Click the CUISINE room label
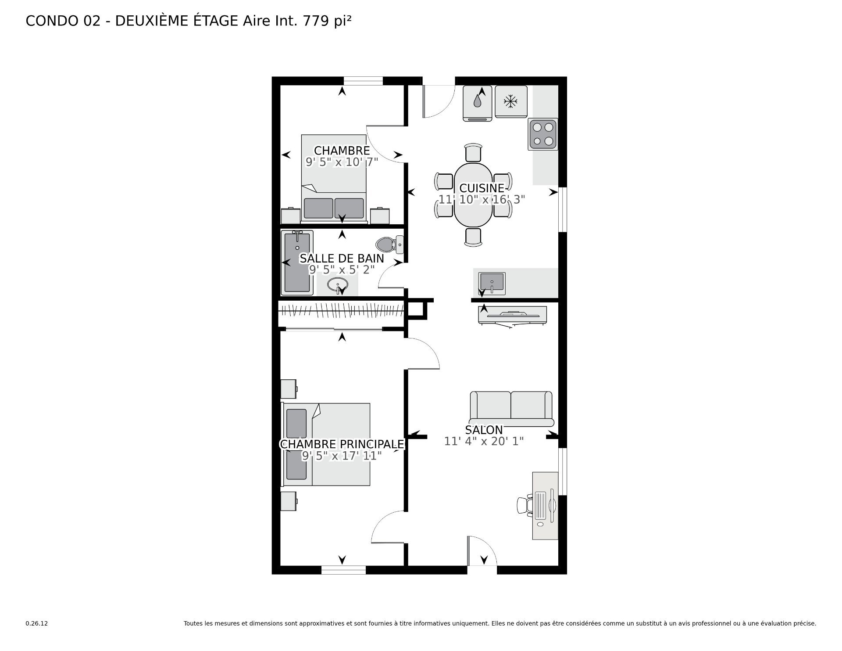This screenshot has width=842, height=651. point(482,188)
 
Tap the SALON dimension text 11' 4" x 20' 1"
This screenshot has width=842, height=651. point(484,441)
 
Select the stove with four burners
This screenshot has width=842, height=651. point(543,134)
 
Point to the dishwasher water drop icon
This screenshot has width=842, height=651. point(477,101)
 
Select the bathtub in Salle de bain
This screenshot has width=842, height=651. point(297,263)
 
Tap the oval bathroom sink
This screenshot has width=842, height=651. point(337,285)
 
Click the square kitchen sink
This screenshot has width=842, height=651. point(492,283)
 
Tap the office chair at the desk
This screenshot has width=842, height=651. point(524,504)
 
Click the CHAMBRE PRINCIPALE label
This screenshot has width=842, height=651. point(342,444)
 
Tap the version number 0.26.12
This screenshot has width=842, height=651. point(36,623)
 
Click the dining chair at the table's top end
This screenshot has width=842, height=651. point(473,152)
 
